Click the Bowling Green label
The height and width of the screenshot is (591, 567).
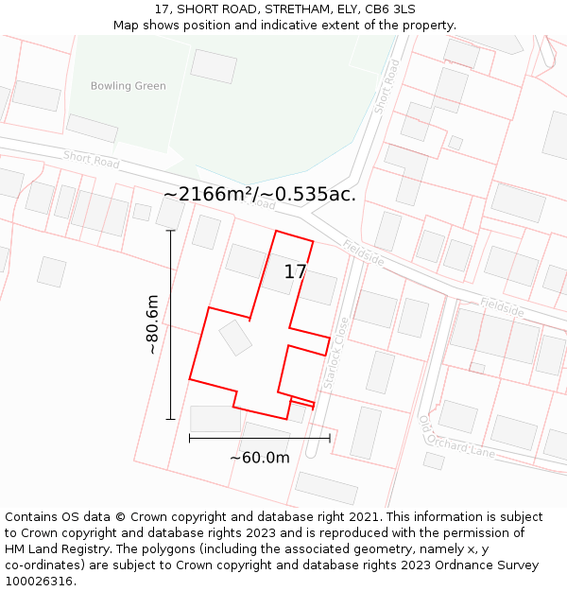pyautogui.click(x=128, y=86)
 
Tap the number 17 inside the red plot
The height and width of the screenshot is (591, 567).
pyautogui.click(x=295, y=272)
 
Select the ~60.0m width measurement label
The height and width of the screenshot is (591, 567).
pyautogui.click(x=259, y=458)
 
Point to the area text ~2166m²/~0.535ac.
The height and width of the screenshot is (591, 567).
pyautogui.click(x=259, y=194)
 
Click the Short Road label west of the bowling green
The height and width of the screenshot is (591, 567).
pyautogui.click(x=92, y=160)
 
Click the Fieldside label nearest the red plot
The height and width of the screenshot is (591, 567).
pyautogui.click(x=363, y=252)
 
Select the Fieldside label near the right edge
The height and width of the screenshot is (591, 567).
pyautogui.click(x=501, y=307)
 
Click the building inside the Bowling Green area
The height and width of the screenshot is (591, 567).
pyautogui.click(x=214, y=66)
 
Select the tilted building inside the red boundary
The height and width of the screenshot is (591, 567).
pyautogui.click(x=235, y=338)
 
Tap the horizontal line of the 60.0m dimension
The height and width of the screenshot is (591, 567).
pyautogui.click(x=259, y=438)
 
